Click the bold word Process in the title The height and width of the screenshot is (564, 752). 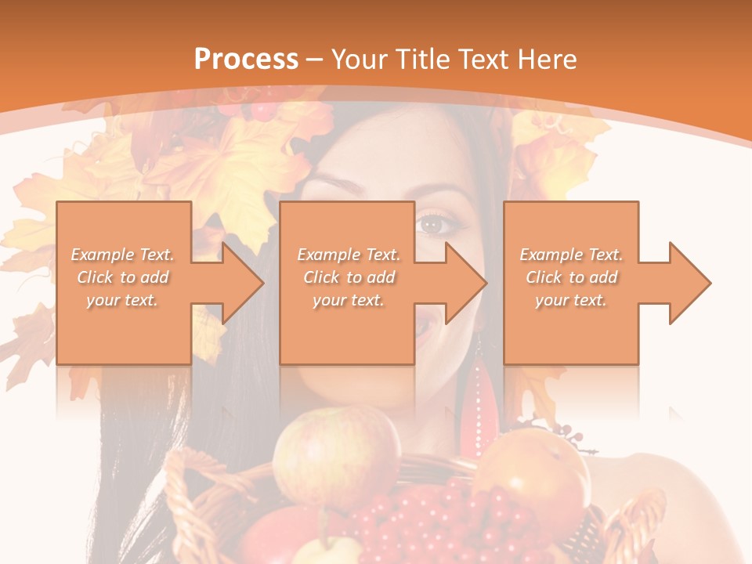pyautogui.click(x=246, y=60)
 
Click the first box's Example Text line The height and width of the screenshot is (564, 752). pyautogui.click(x=123, y=255)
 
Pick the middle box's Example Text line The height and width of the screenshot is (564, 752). pyautogui.click(x=349, y=255)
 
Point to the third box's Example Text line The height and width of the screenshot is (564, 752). pyautogui.click(x=571, y=255)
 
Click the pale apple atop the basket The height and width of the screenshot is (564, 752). pyautogui.click(x=337, y=454)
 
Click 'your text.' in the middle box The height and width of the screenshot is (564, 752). pyautogui.click(x=349, y=300)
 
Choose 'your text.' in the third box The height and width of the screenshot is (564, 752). pyautogui.click(x=571, y=300)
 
